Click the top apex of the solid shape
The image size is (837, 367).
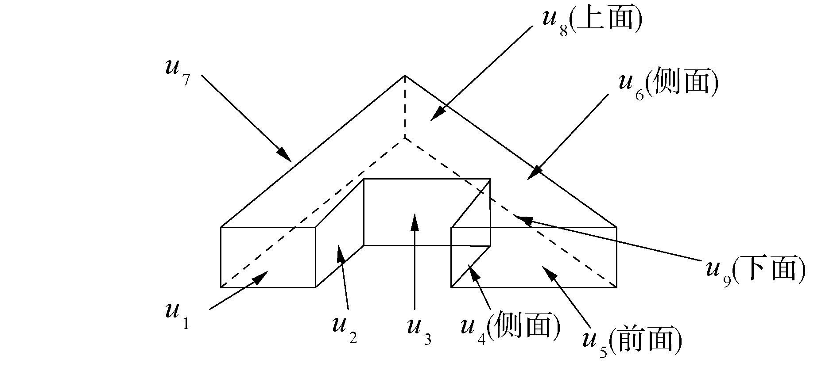[x=405, y=76]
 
